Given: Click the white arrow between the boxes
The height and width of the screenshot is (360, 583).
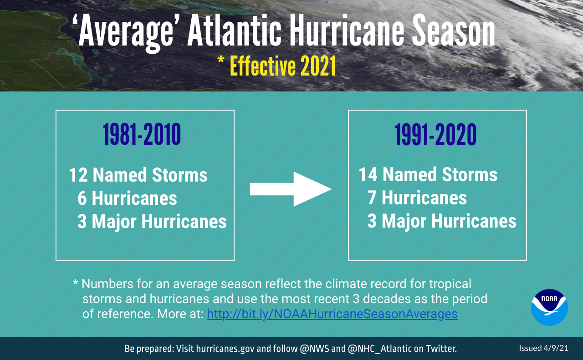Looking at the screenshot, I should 291,189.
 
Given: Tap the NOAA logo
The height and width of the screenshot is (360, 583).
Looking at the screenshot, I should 549,307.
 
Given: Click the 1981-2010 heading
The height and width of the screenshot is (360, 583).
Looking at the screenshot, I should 142,135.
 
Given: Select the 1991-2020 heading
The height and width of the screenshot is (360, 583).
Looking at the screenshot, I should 435,135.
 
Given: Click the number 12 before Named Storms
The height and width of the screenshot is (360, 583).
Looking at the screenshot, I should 78,175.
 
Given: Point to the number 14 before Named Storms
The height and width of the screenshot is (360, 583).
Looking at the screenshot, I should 368,175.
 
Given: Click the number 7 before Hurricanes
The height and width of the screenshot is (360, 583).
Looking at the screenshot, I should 372,198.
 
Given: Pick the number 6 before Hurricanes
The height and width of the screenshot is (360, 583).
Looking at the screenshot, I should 82,198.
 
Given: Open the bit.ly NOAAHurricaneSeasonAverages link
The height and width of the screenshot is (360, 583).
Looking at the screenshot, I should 332,314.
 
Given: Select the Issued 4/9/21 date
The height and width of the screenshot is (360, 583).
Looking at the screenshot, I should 543,348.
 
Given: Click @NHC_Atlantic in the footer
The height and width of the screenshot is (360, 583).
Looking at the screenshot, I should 379,349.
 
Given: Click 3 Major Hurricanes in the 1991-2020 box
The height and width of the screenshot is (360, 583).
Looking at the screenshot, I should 442,221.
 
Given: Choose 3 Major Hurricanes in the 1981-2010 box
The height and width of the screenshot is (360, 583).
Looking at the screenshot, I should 152,222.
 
